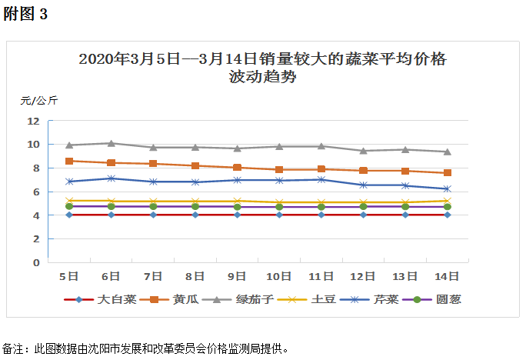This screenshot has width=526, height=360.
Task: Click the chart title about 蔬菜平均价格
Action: tap(262, 68)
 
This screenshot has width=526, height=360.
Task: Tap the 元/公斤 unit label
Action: tap(38, 100)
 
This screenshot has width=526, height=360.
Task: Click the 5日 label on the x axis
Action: tap(69, 276)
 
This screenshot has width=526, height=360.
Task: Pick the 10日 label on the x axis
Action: tap(279, 276)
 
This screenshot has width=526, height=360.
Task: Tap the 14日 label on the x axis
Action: tap(447, 276)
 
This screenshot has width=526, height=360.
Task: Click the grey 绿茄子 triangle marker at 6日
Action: tap(111, 143)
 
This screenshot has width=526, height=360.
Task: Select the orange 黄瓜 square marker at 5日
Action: tap(69, 161)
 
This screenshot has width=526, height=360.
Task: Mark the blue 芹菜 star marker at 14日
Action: tap(447, 188)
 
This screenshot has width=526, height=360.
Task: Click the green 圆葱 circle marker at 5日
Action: tap(69, 206)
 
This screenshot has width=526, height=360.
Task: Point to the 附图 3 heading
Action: tap(25, 15)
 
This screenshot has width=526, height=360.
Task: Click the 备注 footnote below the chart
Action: tap(146, 348)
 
